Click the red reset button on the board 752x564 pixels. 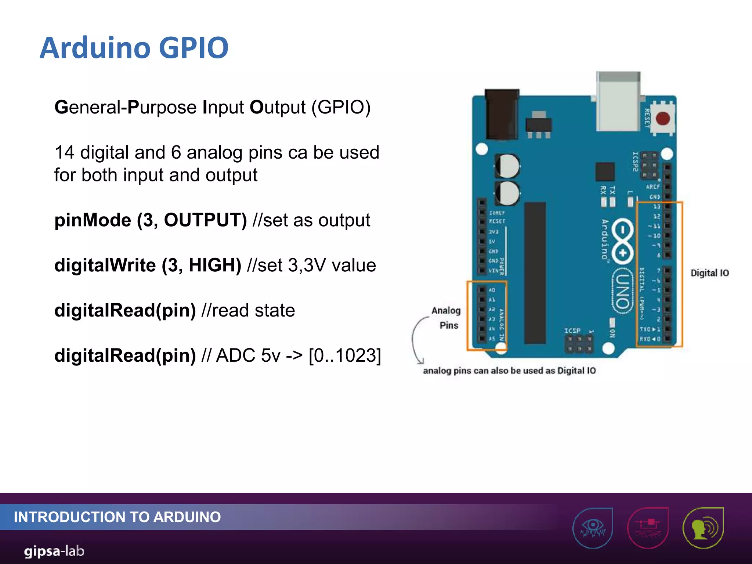(x=663, y=119)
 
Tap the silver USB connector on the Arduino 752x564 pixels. (x=618, y=102)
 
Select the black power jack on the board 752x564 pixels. (x=502, y=113)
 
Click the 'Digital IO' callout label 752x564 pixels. (x=709, y=273)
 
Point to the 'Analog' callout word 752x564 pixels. (x=446, y=311)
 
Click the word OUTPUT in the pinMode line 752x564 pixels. (x=205, y=220)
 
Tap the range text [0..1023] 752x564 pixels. (x=345, y=355)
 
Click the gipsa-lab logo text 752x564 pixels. (x=54, y=551)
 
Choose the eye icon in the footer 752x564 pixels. (x=593, y=527)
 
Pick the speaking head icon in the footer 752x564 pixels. (x=703, y=527)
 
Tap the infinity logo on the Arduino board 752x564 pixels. (x=623, y=241)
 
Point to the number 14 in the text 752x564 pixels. (x=65, y=152)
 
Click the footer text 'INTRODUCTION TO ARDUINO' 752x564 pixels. (x=117, y=517)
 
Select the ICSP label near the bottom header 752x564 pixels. (x=572, y=331)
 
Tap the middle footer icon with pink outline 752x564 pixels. (x=648, y=527)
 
